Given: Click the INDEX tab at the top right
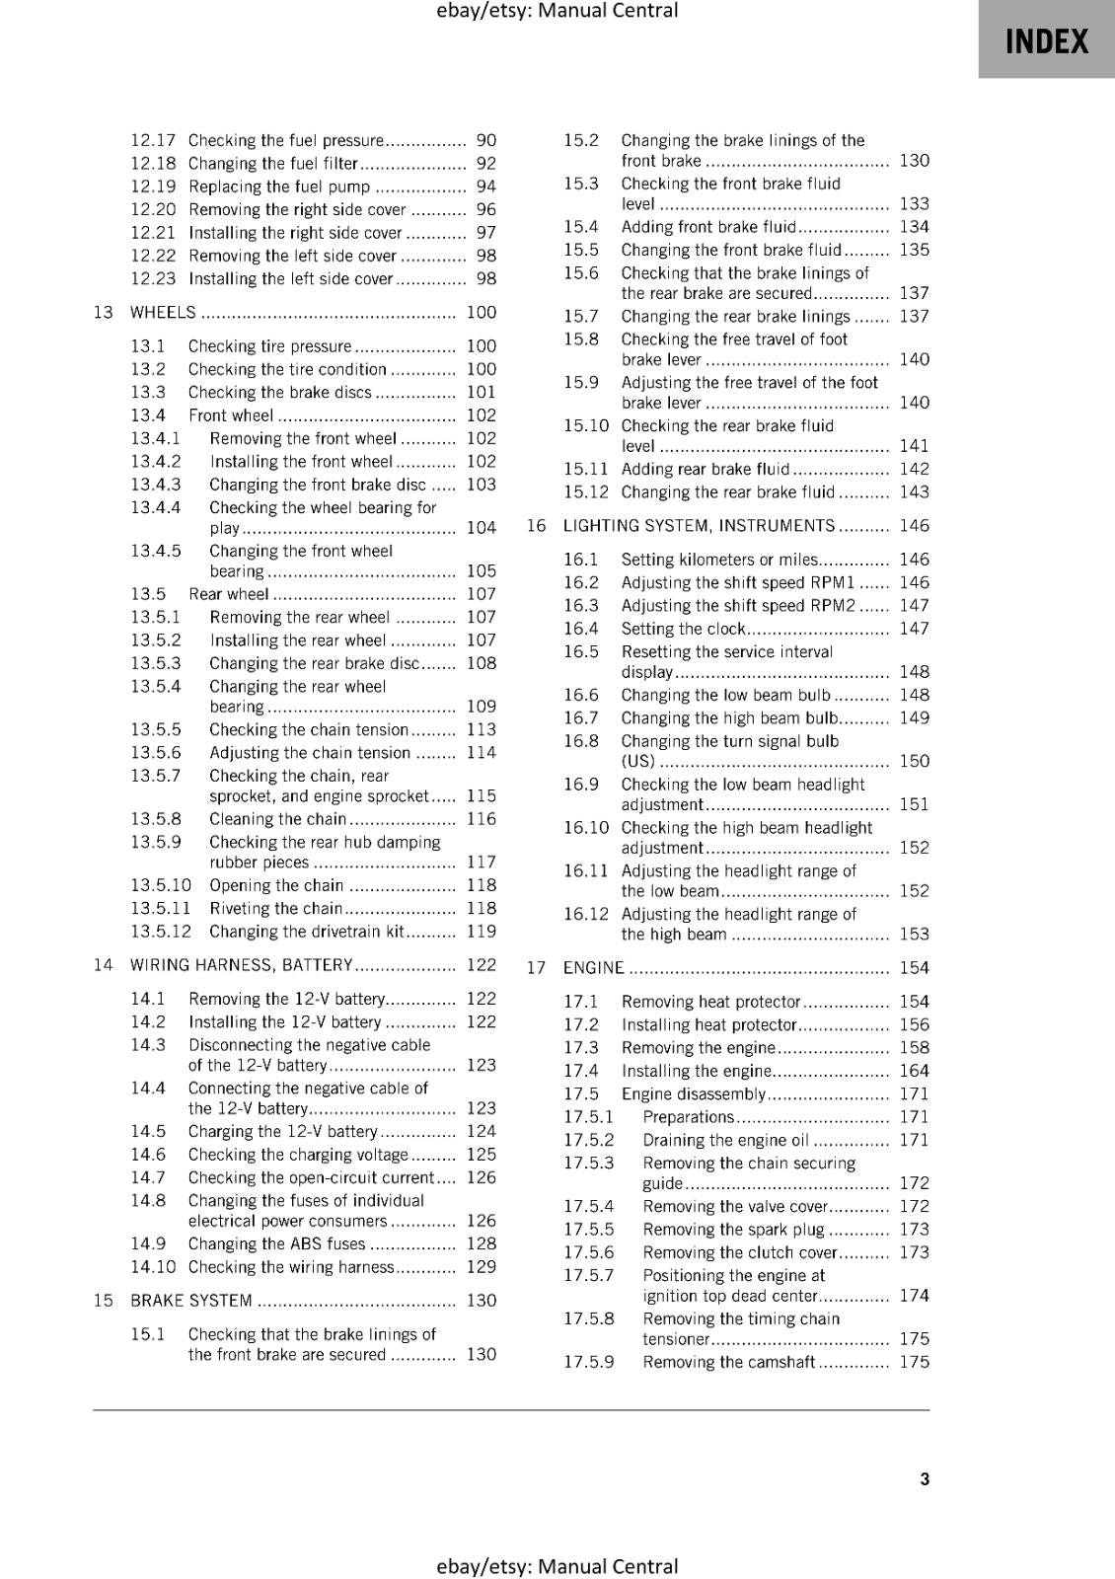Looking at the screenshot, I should (1046, 40).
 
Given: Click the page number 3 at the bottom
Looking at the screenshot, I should (925, 1478).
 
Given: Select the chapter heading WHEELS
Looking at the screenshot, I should (163, 313).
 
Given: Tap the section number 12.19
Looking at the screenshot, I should (153, 187).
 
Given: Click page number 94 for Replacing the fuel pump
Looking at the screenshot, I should (486, 187).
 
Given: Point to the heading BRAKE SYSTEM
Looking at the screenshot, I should (191, 1301).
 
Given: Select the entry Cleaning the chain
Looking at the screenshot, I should (277, 819).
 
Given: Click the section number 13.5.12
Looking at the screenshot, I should (161, 932).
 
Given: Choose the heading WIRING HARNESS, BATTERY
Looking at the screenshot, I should (241, 965).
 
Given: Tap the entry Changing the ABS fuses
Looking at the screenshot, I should (276, 1244).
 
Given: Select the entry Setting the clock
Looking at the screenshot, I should (683, 629).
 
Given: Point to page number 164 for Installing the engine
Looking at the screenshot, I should (914, 1071).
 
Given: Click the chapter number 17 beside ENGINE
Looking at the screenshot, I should (536, 968).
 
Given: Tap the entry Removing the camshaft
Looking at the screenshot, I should (728, 1363).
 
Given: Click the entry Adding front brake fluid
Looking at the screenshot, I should (707, 227).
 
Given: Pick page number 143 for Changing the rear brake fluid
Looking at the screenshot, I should (914, 492).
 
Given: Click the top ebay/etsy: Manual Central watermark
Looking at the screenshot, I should (557, 11).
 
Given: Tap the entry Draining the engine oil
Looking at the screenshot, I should (725, 1141).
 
